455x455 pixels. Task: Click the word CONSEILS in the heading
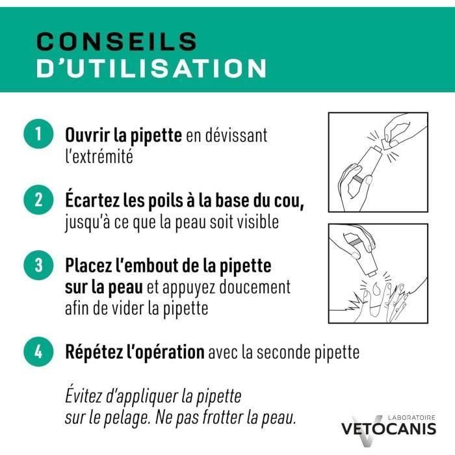(116, 41)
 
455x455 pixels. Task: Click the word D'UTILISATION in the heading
(151, 69)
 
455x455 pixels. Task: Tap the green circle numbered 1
(38, 135)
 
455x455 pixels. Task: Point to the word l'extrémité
(99, 157)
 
